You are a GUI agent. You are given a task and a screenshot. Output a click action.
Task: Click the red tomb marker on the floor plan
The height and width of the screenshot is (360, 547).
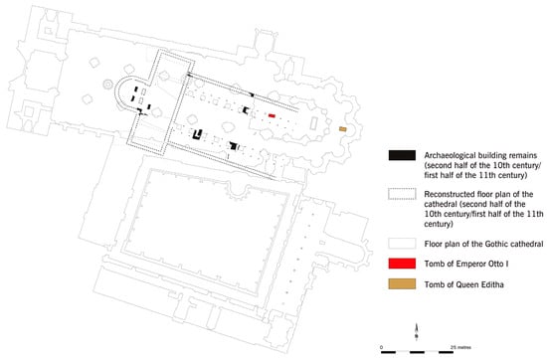(x=272, y=115)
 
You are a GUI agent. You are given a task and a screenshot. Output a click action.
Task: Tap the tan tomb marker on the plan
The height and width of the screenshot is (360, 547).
(x=343, y=129)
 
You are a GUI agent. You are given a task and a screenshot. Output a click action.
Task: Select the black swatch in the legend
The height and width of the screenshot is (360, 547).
(x=402, y=155)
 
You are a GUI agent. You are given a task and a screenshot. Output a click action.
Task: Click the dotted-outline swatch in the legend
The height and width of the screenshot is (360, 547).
(x=402, y=194)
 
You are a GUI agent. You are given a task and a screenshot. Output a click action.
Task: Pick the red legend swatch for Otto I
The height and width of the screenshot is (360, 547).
(x=402, y=264)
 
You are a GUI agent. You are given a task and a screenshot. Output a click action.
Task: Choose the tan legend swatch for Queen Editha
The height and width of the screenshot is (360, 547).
(x=402, y=284)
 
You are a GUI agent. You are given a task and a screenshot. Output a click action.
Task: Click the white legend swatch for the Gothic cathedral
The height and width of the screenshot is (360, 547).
(x=402, y=244)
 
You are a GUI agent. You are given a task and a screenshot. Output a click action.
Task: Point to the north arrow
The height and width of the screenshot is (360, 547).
(x=416, y=331)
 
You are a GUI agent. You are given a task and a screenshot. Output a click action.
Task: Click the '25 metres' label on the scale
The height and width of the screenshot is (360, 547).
(x=460, y=347)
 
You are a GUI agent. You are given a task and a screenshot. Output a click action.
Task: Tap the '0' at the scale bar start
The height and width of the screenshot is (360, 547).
(x=381, y=347)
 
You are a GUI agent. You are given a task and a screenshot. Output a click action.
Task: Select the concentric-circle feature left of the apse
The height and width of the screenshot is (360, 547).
(x=107, y=85)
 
